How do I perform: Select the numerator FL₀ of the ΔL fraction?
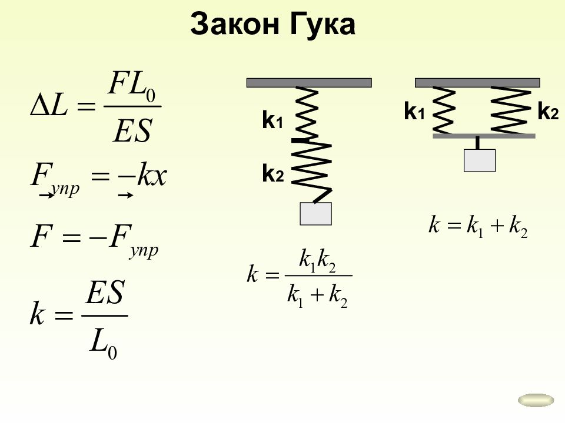pos(132,85)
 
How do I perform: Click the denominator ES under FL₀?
pos(132,131)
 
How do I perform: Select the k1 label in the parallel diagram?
pos(414,111)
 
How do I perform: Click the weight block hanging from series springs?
pos(315,214)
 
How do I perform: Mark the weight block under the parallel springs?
pos(480,160)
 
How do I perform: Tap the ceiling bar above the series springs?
pos(309,83)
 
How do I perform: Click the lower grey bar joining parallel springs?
pos(484,136)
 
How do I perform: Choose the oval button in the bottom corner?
pos(536,400)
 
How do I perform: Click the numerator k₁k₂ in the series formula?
pos(318,261)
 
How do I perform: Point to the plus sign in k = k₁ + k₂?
pos(497,226)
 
